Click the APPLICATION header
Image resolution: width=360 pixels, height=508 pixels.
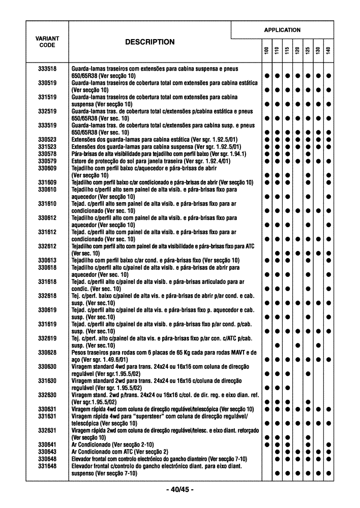point(282,30)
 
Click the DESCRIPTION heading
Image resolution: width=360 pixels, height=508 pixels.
point(149,42)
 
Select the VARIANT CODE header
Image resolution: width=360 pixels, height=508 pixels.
point(47,42)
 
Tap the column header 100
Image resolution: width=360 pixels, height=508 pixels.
point(266,51)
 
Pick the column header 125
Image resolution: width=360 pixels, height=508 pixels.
point(308,51)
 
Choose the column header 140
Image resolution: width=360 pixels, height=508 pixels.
point(328,51)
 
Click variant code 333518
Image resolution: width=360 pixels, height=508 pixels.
point(47,68)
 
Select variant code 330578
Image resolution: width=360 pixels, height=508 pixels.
point(47,153)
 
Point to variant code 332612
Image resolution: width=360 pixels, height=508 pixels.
point(47,246)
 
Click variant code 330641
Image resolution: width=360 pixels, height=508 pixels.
point(47,444)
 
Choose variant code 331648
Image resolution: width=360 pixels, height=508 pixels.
point(47,466)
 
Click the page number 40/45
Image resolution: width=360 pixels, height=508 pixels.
point(179,490)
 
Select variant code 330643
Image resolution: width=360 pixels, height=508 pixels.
point(47,452)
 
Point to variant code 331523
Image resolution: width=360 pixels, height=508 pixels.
point(47,146)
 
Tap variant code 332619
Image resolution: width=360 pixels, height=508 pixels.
point(47,338)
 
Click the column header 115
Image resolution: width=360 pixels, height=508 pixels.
point(287,51)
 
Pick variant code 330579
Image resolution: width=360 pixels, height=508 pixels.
point(47,161)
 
